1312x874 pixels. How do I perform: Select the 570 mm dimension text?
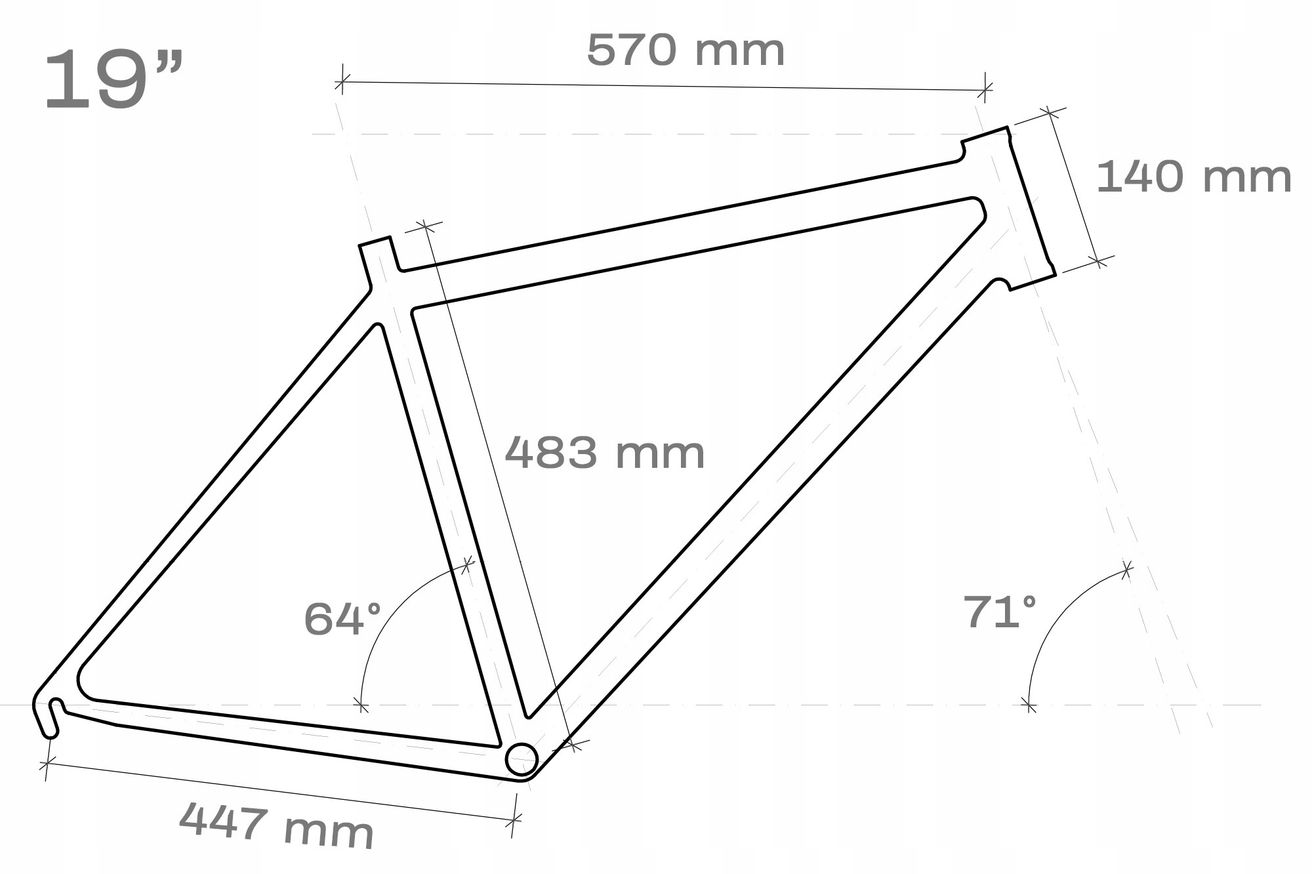click(686, 51)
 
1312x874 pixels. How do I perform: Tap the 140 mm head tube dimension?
click(1193, 177)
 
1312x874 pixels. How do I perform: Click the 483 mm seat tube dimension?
click(604, 453)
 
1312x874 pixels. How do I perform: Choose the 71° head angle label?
click(999, 612)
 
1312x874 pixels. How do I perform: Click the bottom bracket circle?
click(522, 759)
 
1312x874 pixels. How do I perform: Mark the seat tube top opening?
click(375, 241)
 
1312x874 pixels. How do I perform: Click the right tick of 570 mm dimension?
click(986, 90)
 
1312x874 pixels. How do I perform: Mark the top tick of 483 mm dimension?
click(424, 227)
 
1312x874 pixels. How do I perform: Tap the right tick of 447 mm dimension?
click(514, 819)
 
